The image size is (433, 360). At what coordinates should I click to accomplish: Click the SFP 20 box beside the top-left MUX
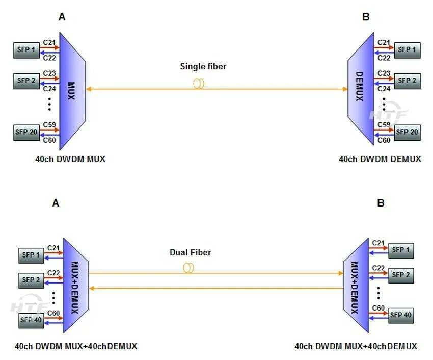pos(26,132)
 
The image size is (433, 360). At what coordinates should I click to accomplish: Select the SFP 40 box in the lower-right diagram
pos(401,315)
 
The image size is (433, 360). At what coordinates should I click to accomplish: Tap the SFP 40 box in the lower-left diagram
pos(31,320)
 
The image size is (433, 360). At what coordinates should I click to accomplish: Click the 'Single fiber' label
pos(203,66)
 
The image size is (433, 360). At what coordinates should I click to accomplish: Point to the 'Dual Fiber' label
pos(190,252)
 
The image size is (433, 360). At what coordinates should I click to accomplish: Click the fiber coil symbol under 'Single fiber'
pos(198,83)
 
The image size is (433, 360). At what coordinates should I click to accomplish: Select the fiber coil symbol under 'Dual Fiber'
pos(188,268)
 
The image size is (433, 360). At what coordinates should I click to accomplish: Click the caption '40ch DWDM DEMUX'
pos(380,159)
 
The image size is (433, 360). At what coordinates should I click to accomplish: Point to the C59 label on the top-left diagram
pos(49,124)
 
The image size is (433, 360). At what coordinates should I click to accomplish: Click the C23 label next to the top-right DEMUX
pos(384,73)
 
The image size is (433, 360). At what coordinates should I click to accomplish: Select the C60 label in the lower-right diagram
pos(378,307)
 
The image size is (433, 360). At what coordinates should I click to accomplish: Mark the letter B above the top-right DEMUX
pos(366,17)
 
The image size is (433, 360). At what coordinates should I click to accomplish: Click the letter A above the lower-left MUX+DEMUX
pos(56,203)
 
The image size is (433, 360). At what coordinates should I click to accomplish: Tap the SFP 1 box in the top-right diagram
pos(407,49)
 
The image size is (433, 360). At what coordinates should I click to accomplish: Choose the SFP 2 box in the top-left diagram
pos(26,81)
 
